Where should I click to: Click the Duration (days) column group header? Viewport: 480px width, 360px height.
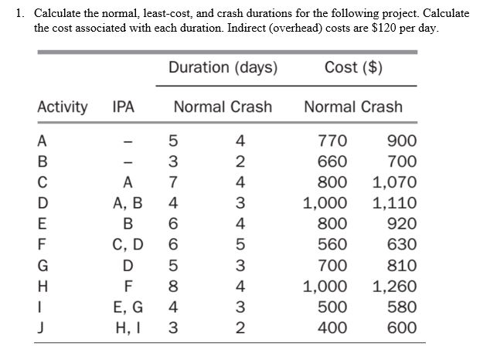click(223, 68)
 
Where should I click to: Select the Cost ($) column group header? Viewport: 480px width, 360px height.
click(353, 68)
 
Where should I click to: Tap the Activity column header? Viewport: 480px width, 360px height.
click(63, 107)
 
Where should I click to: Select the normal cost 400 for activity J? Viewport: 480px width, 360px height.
click(332, 328)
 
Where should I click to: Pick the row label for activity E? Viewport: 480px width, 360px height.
click(43, 225)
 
